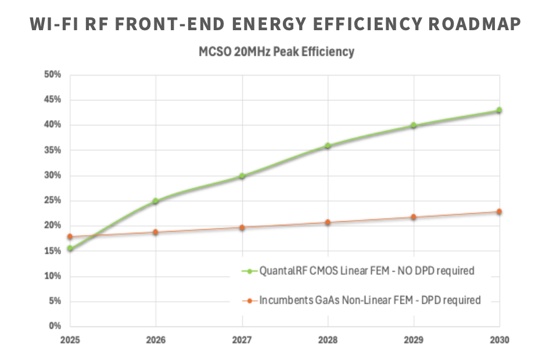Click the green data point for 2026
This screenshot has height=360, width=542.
(x=156, y=201)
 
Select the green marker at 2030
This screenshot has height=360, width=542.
(x=499, y=110)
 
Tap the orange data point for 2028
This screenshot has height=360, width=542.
(x=328, y=222)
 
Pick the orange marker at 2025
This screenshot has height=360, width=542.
(x=70, y=237)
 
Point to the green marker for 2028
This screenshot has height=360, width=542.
(x=328, y=146)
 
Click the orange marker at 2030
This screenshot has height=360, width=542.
(x=499, y=212)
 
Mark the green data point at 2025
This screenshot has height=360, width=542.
(x=70, y=249)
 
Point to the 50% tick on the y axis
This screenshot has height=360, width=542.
(x=53, y=74)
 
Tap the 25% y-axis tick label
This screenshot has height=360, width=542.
(x=53, y=201)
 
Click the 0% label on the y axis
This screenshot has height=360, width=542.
(x=56, y=326)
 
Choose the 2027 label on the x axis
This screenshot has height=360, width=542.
(x=242, y=340)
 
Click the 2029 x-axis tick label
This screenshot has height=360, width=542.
(x=414, y=340)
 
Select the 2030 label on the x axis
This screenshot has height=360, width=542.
(x=499, y=340)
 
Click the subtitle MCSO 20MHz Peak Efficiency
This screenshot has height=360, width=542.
(x=277, y=52)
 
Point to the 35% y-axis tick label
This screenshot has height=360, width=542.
(x=53, y=150)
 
